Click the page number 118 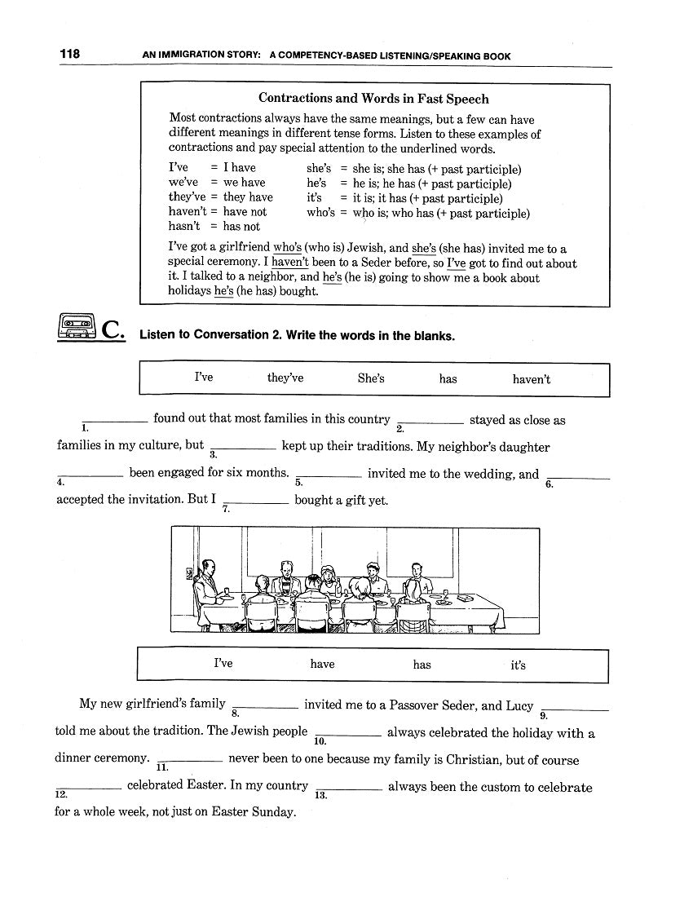point(69,55)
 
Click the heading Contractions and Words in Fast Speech point(373,99)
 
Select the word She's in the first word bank point(371,378)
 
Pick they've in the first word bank point(285,378)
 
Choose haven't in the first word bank point(532,379)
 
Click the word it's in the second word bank point(519,665)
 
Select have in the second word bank point(322,665)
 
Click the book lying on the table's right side point(463,599)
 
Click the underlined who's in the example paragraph point(288,249)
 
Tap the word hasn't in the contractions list point(184,227)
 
